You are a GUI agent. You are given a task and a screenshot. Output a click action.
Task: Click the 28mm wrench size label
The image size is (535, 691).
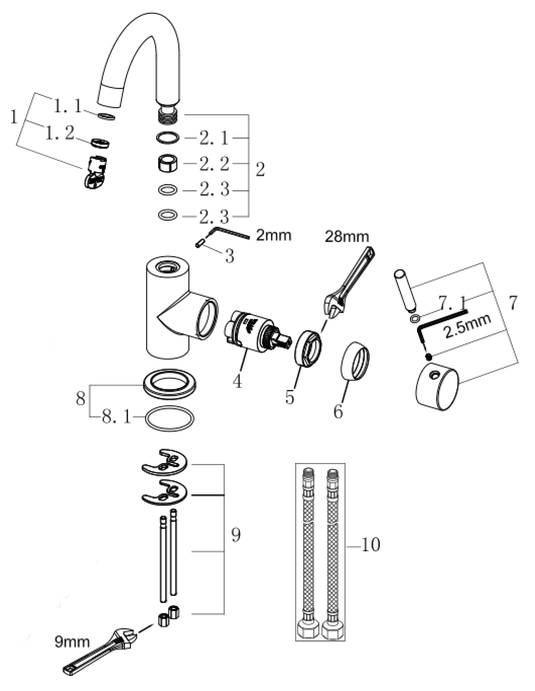pyautogui.click(x=347, y=237)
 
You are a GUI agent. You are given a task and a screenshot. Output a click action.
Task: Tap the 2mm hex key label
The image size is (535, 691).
pyautogui.click(x=273, y=235)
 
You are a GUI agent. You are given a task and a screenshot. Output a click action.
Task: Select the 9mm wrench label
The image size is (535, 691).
pyautogui.click(x=72, y=642)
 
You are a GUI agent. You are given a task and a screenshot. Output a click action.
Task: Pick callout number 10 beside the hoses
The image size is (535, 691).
pyautogui.click(x=370, y=545)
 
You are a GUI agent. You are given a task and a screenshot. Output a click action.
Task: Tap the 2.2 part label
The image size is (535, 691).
pyautogui.click(x=214, y=164)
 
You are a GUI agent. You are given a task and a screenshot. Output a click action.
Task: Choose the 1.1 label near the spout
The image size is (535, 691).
pyautogui.click(x=68, y=106)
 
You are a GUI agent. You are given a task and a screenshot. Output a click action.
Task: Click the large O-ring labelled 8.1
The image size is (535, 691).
pyautogui.click(x=169, y=418)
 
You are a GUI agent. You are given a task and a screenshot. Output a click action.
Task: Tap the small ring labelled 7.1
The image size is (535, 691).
pyautogui.click(x=414, y=318)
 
